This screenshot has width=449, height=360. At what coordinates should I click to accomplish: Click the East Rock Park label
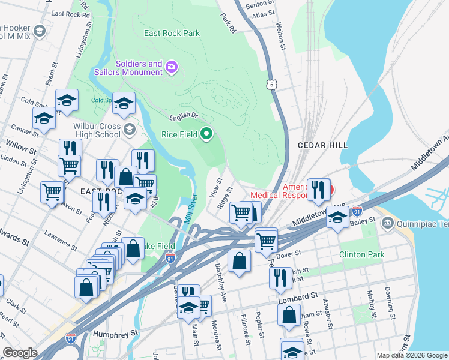tap(172, 34)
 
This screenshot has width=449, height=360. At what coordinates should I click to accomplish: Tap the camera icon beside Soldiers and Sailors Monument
tap(172, 66)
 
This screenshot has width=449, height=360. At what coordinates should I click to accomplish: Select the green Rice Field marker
tap(206, 134)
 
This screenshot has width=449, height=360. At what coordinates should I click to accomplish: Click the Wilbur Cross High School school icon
tap(129, 129)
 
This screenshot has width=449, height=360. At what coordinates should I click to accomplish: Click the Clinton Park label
tap(361, 255)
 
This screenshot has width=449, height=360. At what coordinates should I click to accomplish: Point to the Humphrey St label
tap(113, 331)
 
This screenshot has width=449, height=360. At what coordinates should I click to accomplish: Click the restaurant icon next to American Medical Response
tap(319, 190)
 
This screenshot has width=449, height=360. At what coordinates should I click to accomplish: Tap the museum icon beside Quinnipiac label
tap(388, 224)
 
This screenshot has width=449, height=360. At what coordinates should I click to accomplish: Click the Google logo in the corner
tap(20, 353)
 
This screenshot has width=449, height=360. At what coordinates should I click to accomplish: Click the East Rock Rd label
tap(70, 13)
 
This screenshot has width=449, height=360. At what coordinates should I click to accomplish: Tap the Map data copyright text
tap(411, 355)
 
